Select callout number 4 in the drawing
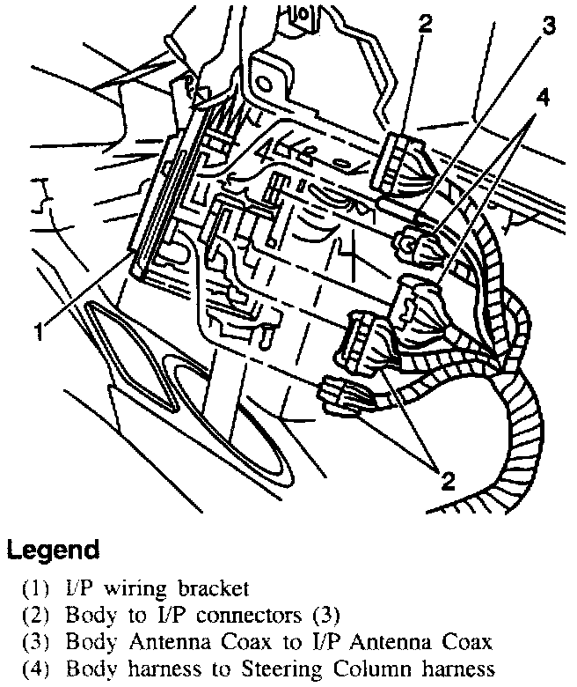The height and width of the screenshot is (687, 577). pos(544,99)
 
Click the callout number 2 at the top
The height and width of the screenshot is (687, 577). pos(426,23)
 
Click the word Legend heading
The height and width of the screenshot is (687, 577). pos(52,551)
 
